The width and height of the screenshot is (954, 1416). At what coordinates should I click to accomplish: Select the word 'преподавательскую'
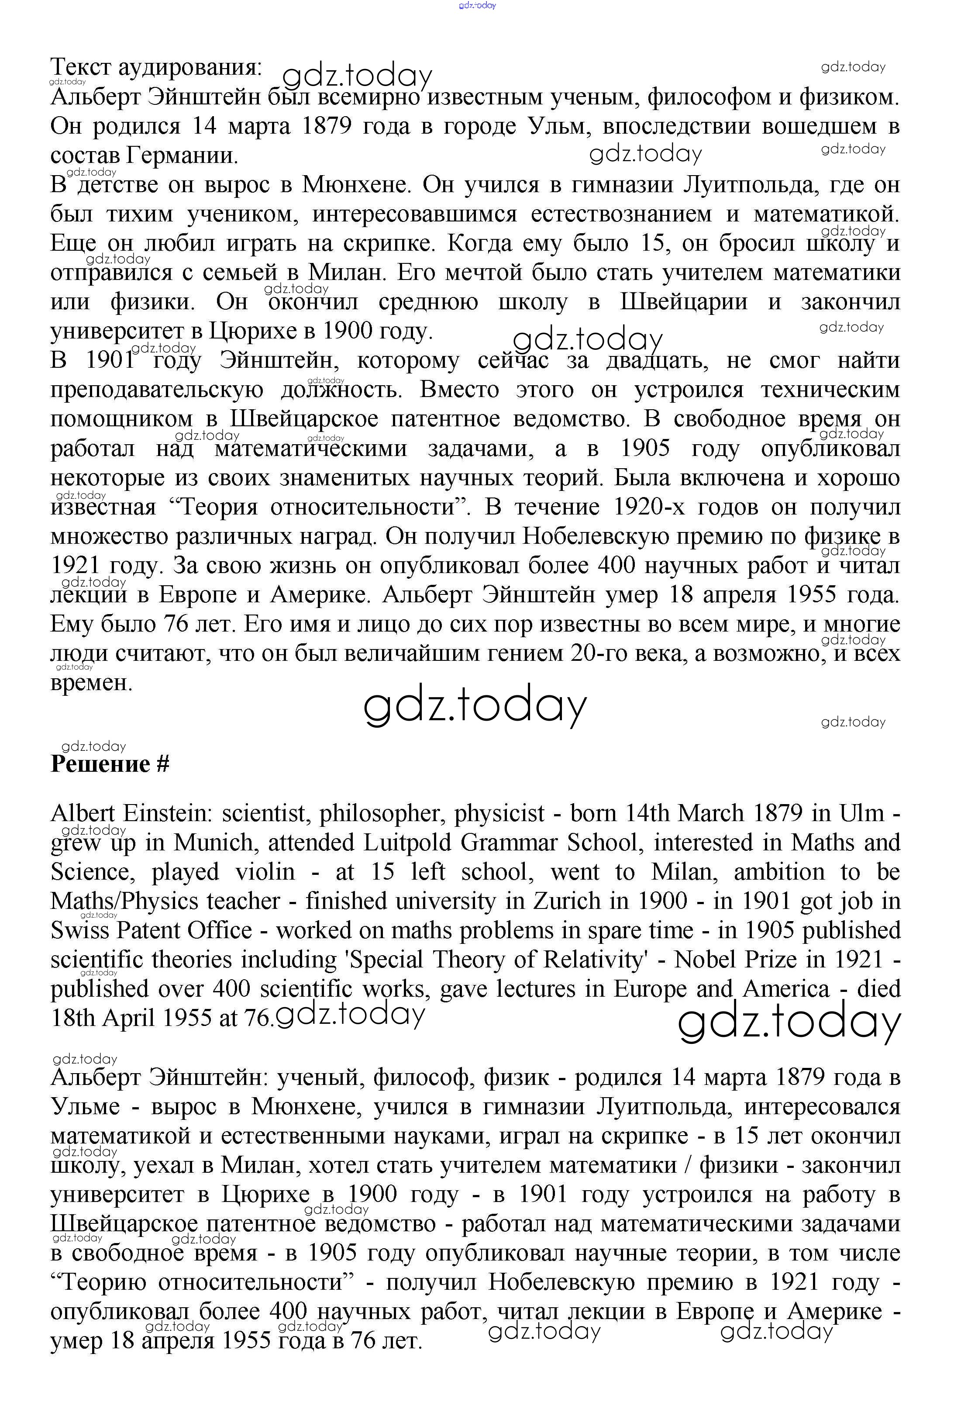(x=157, y=390)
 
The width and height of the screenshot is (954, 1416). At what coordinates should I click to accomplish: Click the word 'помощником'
(x=122, y=419)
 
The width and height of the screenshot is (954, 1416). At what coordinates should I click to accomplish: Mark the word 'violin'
(x=265, y=871)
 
